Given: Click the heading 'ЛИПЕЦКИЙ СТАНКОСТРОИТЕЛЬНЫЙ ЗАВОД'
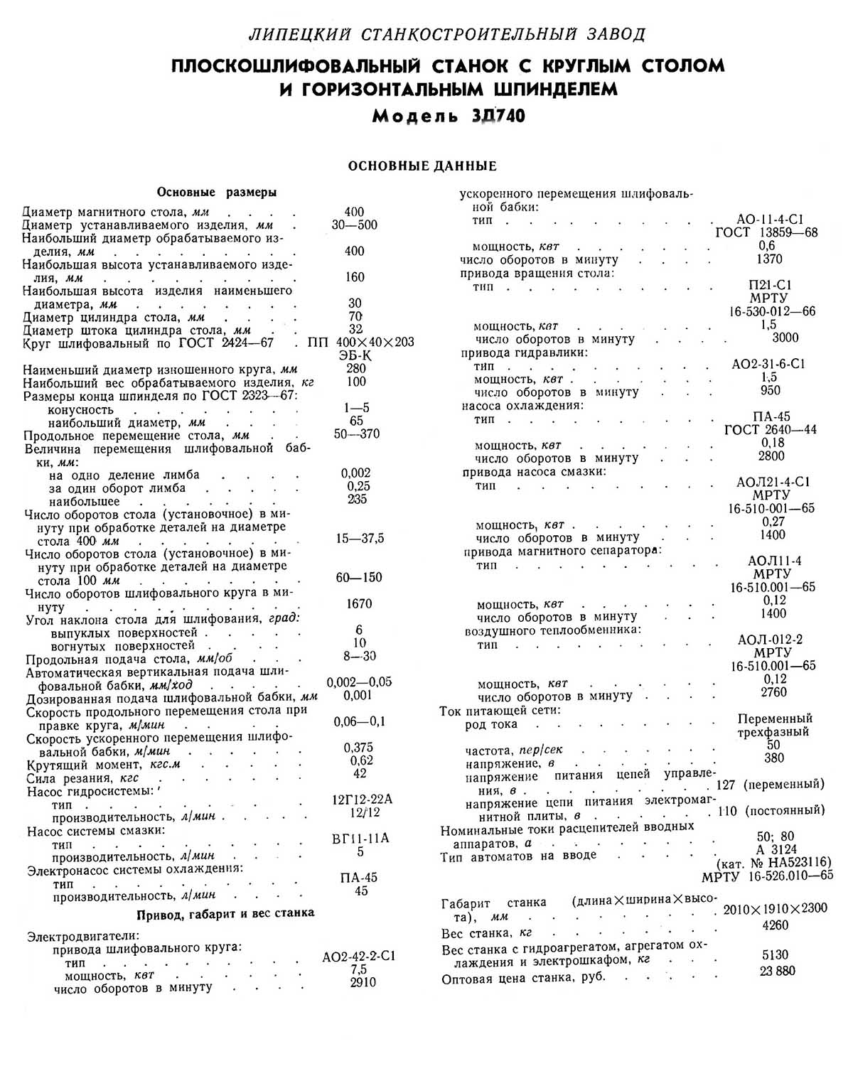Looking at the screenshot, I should coord(447,33).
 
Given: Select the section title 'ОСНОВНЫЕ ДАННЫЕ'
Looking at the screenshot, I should coord(422,166).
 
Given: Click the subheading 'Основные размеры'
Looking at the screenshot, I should coord(217,192).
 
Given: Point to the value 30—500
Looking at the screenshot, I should coord(355,225).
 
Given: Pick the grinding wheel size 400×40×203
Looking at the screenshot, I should coord(375,342).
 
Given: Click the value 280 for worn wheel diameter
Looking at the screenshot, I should coord(356,368).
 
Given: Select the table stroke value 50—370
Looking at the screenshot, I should coord(357,434).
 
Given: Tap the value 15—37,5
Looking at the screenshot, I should coord(360,539).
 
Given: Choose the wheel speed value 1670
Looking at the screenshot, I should coord(359,603).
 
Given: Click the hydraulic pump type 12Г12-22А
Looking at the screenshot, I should coord(363,799).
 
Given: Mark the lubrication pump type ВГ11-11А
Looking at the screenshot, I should coord(361,838).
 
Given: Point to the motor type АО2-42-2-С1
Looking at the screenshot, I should coord(358,957).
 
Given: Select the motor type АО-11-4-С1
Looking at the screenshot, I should coord(771,220).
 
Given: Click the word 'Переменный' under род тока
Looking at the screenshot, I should coord(775,719).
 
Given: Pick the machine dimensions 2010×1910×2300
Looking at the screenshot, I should coord(775,908).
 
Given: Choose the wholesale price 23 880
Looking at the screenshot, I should coord(778,971).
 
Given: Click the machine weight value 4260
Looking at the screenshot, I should coord(775,925).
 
